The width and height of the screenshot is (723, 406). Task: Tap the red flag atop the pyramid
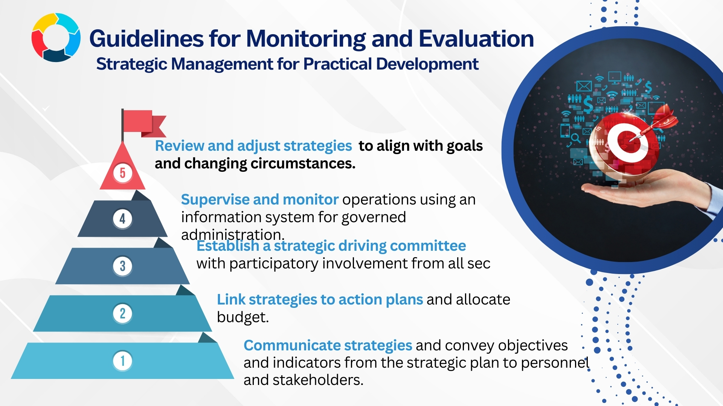[143, 123]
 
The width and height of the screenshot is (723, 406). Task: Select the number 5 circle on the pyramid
[123, 173]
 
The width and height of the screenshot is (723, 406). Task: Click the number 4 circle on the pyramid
[122, 218]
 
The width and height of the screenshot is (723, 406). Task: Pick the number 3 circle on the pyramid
[122, 266]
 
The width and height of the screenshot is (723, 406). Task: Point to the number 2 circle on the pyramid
[122, 314]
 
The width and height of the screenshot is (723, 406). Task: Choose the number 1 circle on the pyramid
[122, 361]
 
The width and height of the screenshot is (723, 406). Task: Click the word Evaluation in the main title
[476, 38]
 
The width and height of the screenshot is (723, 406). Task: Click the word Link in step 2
[231, 300]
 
